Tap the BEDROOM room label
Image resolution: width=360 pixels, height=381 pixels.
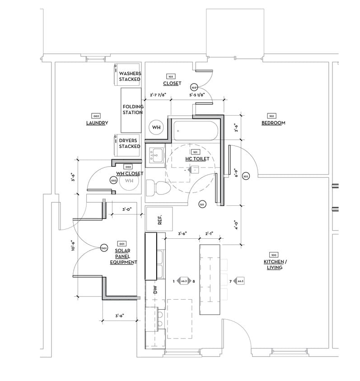[273, 123]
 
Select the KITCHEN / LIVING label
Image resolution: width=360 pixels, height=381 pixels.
[274, 265]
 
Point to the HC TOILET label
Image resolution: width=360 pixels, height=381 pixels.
[196, 159]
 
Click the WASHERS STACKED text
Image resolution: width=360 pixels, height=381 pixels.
[130, 76]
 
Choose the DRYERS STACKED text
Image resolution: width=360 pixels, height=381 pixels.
[130, 144]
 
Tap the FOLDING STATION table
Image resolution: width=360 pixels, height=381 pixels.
[132, 110]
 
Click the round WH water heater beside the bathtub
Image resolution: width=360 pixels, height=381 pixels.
[156, 128]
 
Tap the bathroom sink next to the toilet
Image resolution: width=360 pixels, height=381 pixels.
[157, 155]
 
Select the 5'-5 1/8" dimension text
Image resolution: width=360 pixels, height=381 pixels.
[197, 95]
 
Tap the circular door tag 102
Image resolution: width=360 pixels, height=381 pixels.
[246, 176]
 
